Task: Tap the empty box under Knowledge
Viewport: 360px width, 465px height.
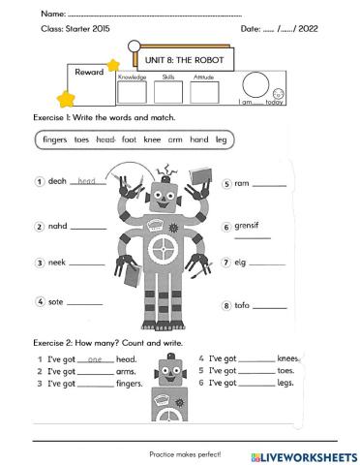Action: pyautogui.click(x=132, y=92)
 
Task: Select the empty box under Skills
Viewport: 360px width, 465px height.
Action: pyautogui.click(x=167, y=92)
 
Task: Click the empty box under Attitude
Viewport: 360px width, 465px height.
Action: pyautogui.click(x=204, y=92)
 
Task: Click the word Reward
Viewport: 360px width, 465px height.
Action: pyautogui.click(x=89, y=72)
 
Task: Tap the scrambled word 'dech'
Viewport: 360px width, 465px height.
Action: pyautogui.click(x=57, y=181)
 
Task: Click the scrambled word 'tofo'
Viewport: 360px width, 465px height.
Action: pyautogui.click(x=242, y=305)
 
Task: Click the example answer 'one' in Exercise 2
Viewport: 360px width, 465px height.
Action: pyautogui.click(x=95, y=359)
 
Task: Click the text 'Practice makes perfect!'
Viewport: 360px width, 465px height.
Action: pyautogui.click(x=185, y=453)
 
